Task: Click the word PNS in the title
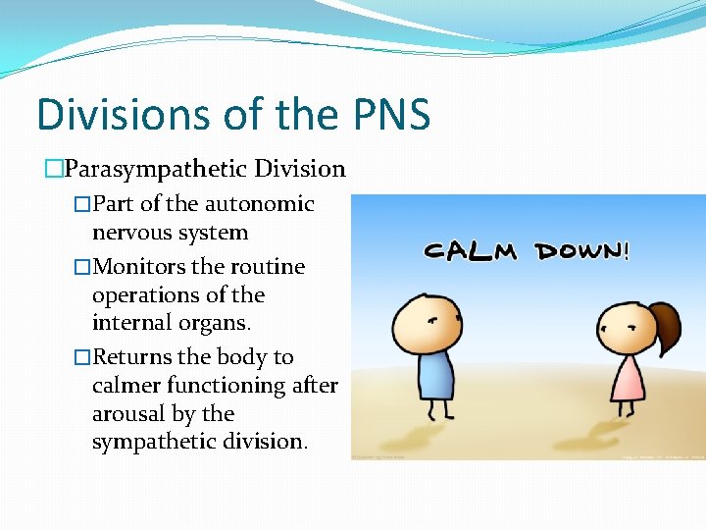click(389, 115)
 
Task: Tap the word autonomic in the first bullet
click(259, 204)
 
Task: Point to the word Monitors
click(138, 267)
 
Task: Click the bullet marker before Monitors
click(82, 267)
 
